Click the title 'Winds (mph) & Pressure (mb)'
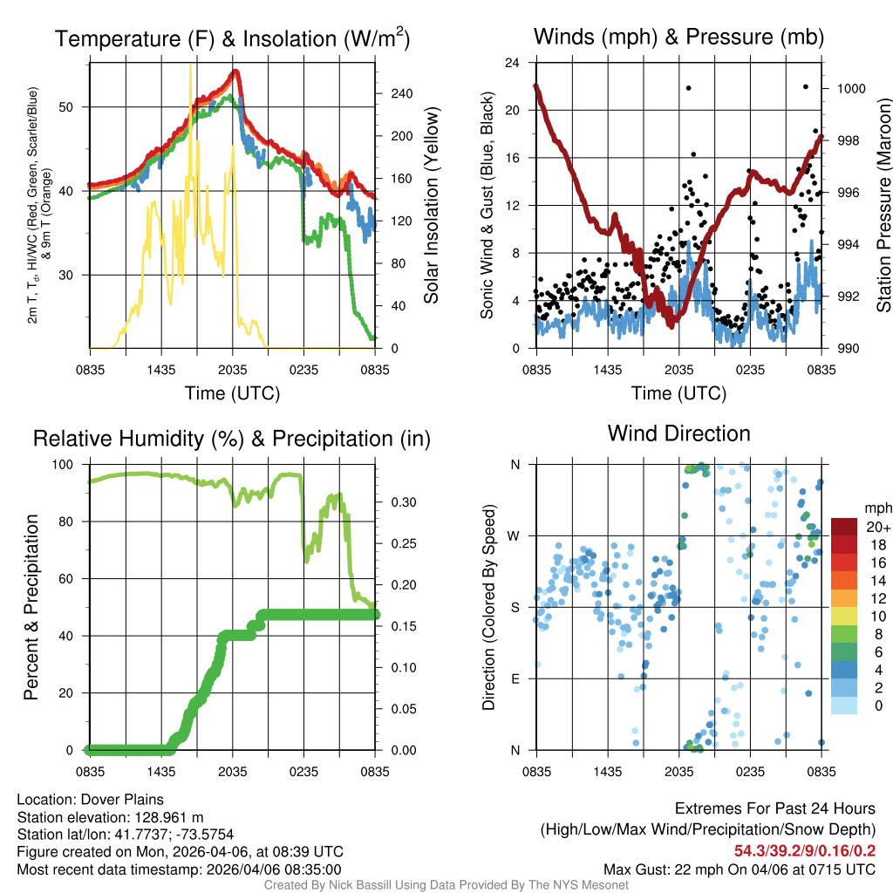(x=678, y=37)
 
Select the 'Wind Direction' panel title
(x=678, y=433)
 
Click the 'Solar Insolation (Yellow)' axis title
(x=432, y=206)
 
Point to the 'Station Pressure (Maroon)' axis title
(x=883, y=206)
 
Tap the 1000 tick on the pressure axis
(x=849, y=89)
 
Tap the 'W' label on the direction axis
(x=515, y=535)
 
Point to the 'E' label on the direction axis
(x=516, y=678)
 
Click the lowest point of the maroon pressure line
(x=671, y=325)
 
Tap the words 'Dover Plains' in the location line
(x=123, y=799)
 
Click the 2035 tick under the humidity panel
(x=232, y=771)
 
